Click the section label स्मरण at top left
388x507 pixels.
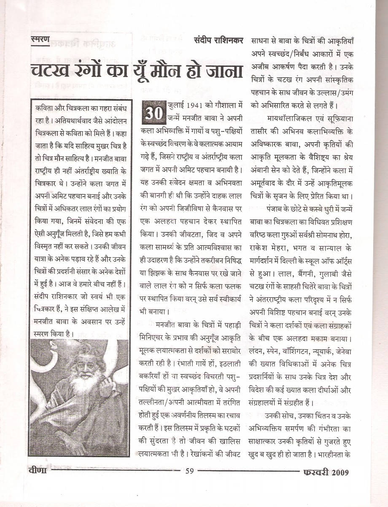[x=40, y=40]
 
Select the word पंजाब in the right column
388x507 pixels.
[x=277, y=209]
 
